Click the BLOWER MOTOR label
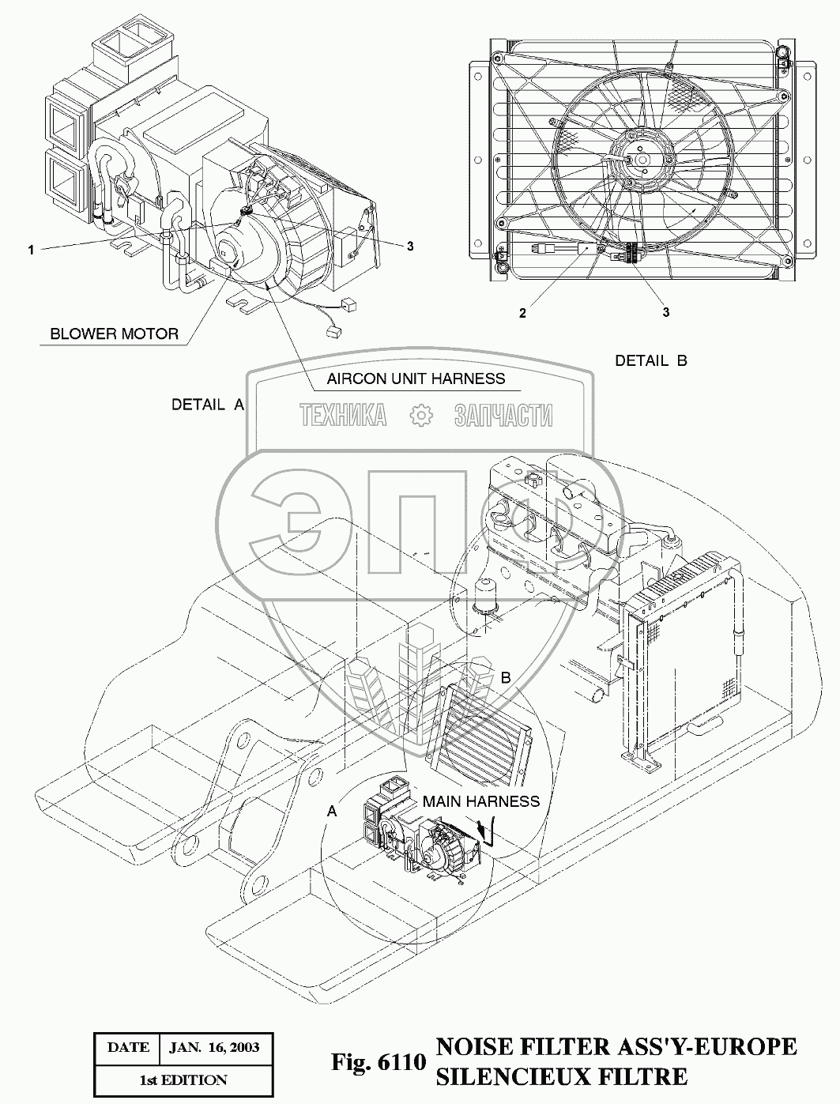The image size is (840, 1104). [x=114, y=333]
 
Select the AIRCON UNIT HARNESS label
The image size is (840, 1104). [x=416, y=379]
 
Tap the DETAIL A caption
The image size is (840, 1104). [x=208, y=405]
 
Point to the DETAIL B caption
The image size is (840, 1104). [x=651, y=361]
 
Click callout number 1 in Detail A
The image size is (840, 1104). [x=31, y=250]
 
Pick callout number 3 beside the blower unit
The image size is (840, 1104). [x=410, y=247]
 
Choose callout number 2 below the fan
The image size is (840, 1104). [x=522, y=313]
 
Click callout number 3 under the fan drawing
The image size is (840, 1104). [x=666, y=313]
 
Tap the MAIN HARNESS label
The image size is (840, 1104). [x=480, y=801]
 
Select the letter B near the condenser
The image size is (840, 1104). [x=506, y=677]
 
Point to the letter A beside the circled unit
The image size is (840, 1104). [x=332, y=811]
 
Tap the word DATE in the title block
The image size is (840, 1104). [x=127, y=1048]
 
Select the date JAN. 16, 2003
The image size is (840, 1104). [x=214, y=1048]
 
